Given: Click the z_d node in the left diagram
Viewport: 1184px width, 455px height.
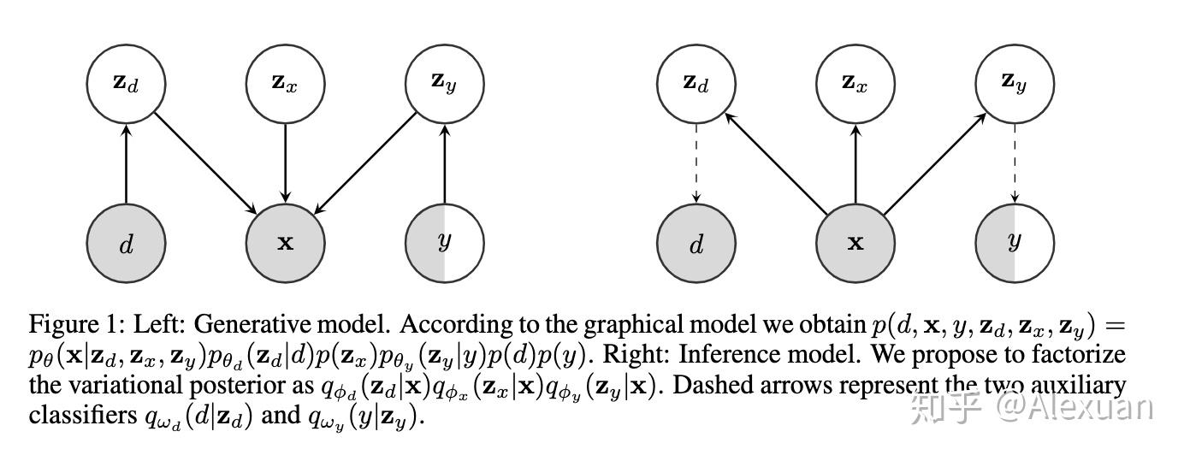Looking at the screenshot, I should coord(126,83).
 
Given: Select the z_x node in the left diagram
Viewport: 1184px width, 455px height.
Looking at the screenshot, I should coord(285,83).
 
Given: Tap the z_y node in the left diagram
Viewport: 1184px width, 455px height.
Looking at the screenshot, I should coord(444,83).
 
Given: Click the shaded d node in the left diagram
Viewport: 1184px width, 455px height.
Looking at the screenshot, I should coord(126,243).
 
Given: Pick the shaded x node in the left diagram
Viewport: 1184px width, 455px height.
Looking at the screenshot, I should coord(285,243).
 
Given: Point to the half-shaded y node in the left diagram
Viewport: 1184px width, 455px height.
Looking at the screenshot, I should coord(444,243).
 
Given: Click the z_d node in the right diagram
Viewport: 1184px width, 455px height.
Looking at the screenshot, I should coord(696,83).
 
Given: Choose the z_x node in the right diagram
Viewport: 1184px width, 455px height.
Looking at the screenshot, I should coord(855,83).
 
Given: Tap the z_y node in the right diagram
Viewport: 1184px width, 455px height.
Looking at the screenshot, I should coord(1014,83).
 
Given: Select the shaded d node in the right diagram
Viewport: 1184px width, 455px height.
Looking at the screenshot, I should coord(696,243).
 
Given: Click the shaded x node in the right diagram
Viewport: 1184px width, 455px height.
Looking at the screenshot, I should coord(855,243).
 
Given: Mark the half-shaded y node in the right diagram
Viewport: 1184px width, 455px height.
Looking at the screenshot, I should coord(1014,243).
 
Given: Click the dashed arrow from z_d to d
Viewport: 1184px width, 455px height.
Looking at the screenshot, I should coord(696,162).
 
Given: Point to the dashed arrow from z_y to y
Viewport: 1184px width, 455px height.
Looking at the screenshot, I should coord(1014,162).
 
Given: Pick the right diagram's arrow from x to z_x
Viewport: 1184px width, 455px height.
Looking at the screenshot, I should coord(855,162).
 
